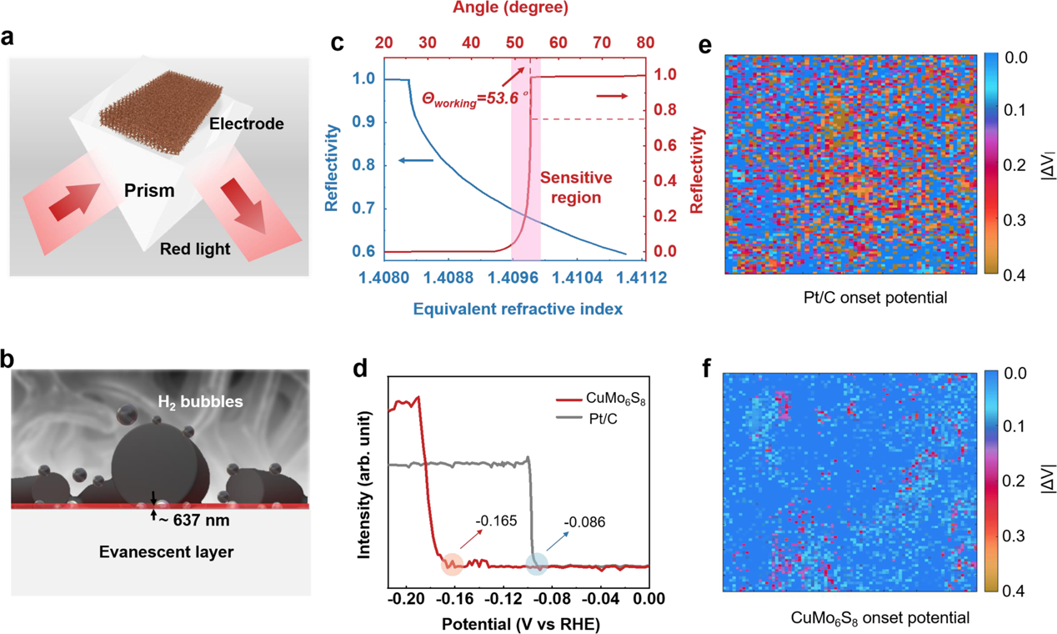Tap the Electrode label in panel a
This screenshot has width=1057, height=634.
point(246,123)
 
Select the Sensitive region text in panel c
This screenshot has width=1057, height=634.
point(576,189)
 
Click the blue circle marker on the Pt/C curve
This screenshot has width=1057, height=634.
point(536,565)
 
